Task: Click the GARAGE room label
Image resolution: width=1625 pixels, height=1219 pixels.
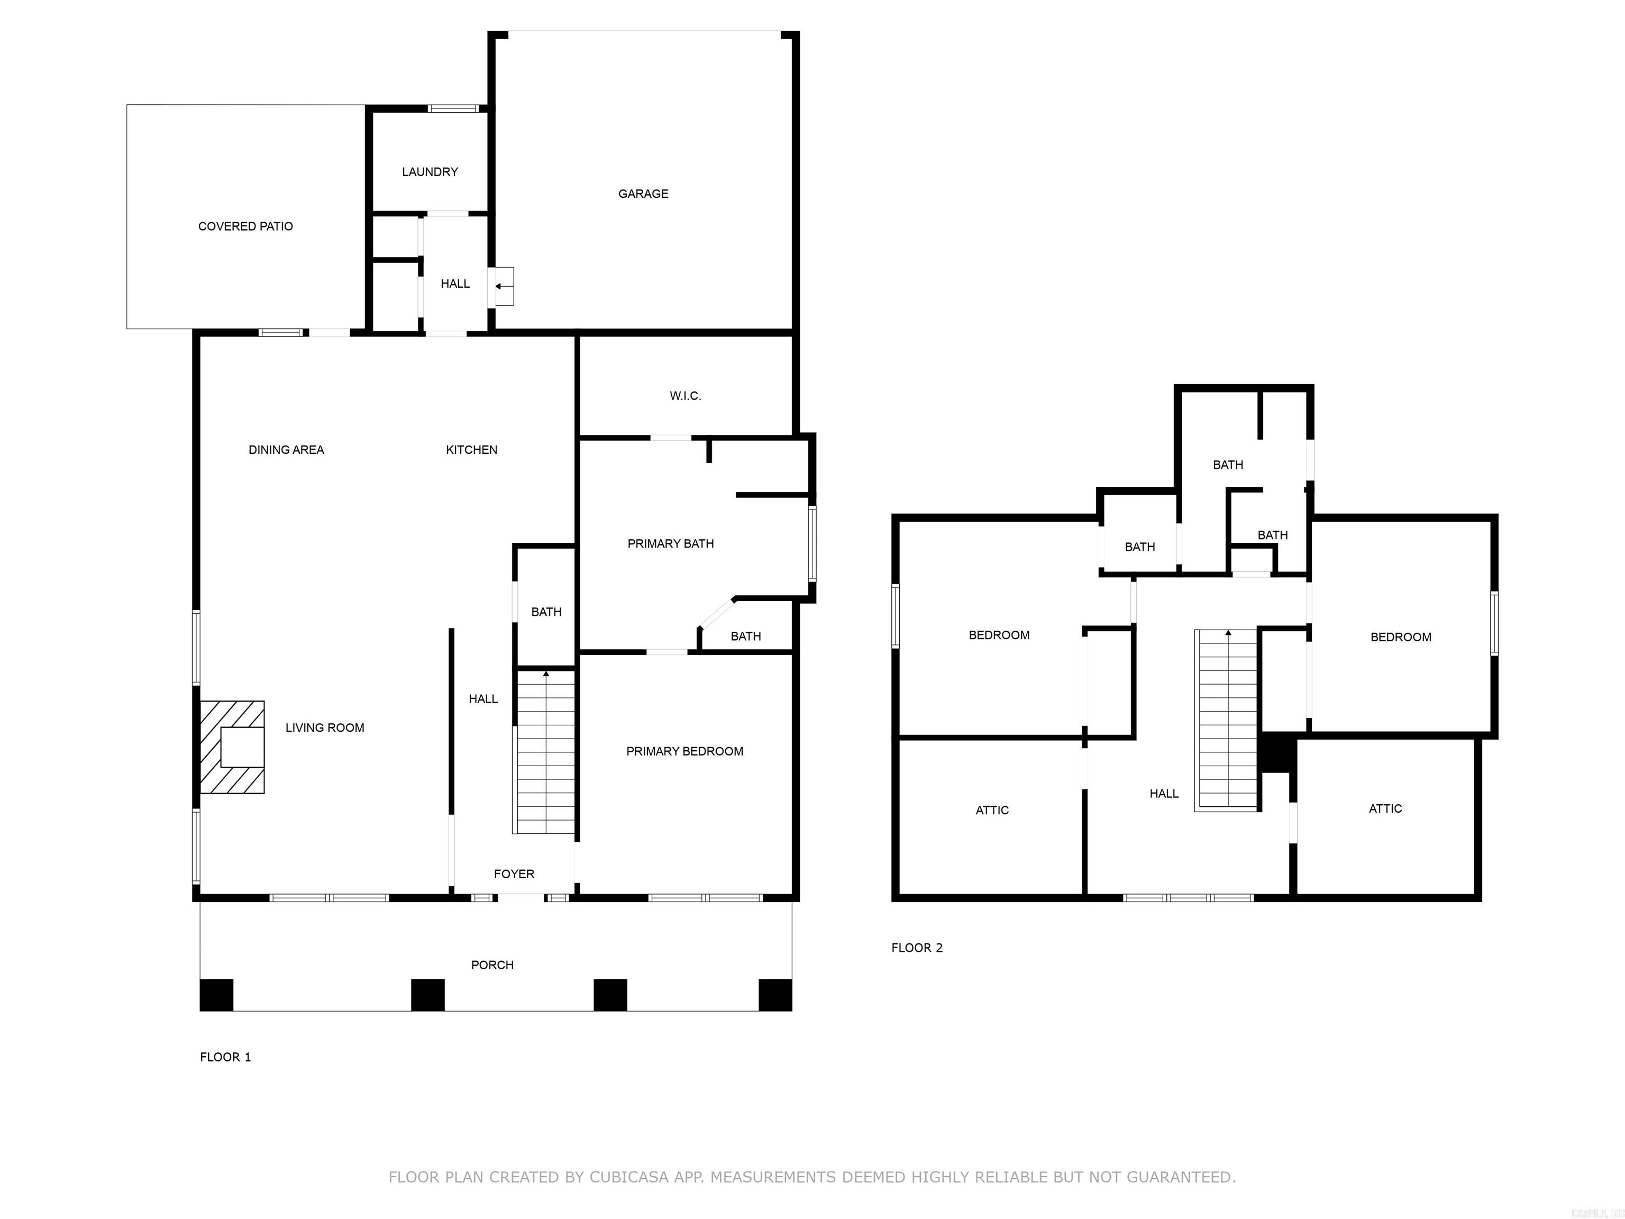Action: click(643, 194)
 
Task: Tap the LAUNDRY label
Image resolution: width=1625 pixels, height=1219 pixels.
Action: click(430, 172)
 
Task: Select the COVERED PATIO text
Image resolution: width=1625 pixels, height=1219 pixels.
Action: click(245, 226)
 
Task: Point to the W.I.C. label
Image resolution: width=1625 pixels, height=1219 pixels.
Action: click(684, 396)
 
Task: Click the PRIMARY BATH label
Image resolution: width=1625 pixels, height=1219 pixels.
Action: click(670, 544)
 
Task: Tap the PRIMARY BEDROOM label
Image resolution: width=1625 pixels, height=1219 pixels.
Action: click(684, 751)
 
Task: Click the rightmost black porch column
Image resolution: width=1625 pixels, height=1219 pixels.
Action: click(775, 995)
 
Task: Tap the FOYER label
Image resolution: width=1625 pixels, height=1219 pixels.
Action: click(514, 874)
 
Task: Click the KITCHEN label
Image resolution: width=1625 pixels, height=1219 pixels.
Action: click(471, 450)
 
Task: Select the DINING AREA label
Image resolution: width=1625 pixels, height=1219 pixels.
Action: click(286, 450)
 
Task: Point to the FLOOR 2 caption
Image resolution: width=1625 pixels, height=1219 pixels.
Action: click(916, 948)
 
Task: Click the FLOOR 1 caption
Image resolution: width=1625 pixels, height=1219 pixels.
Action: click(225, 1057)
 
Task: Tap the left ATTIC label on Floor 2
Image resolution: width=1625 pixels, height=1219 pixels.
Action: click(992, 811)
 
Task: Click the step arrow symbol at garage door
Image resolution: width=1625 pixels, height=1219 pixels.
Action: click(503, 287)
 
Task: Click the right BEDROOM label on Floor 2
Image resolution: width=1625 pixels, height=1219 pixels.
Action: click(1400, 637)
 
